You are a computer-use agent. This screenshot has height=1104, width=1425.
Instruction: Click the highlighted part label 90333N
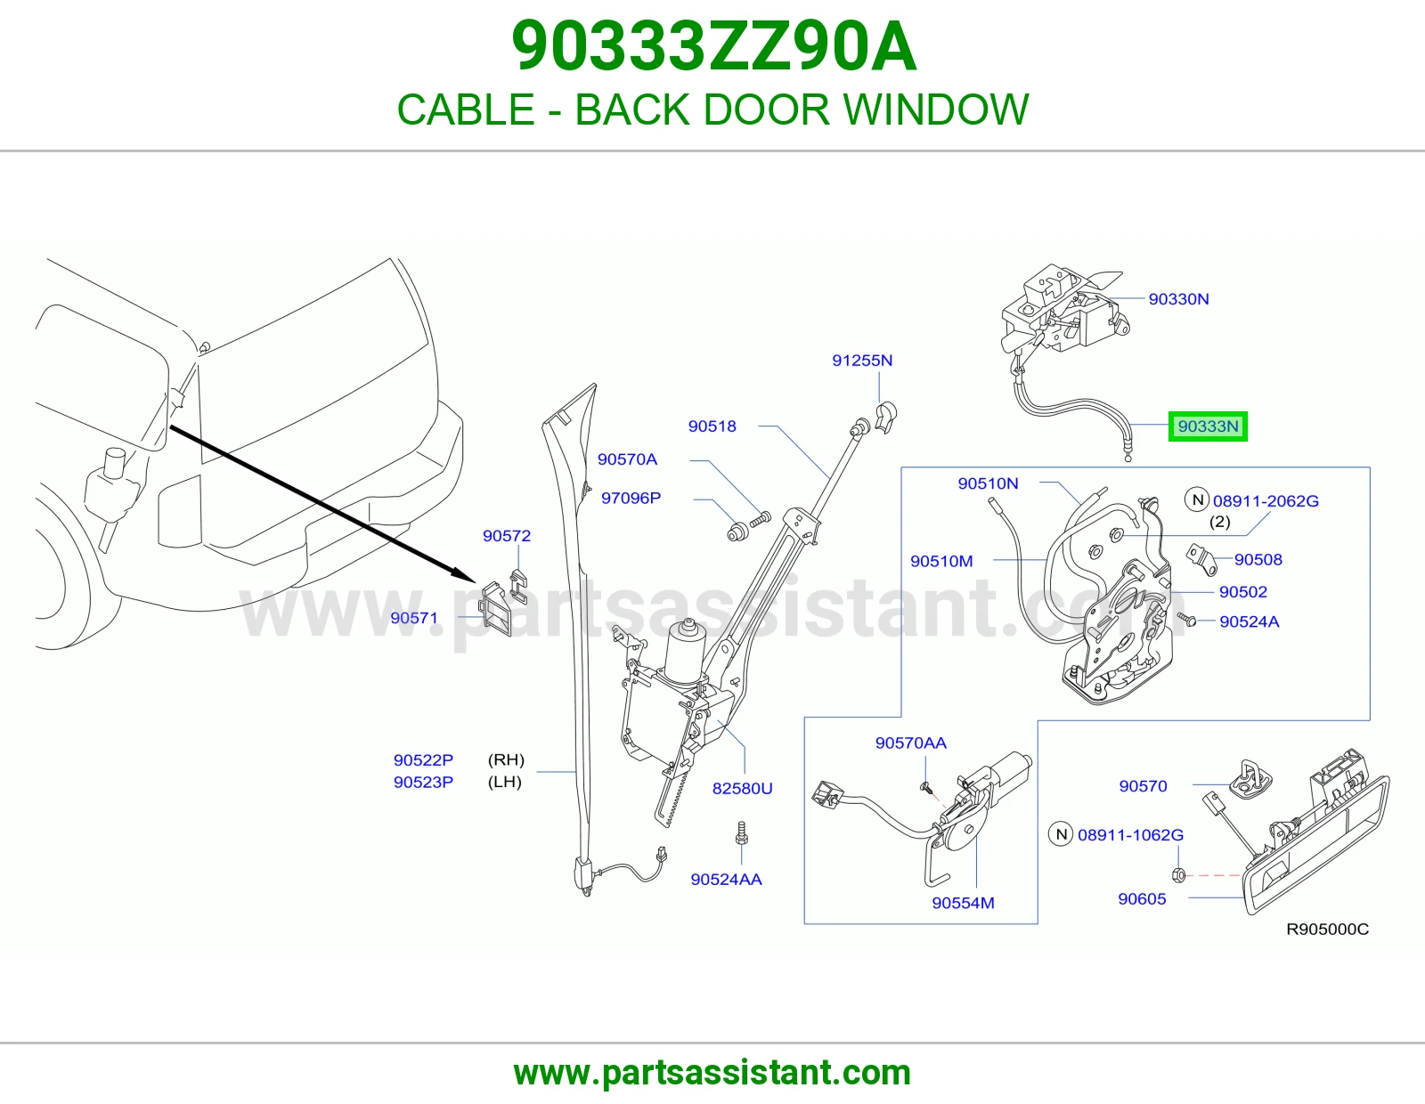(1208, 426)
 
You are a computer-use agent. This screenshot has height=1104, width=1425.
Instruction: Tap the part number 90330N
(1178, 299)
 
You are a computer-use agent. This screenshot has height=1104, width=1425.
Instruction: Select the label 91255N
(862, 360)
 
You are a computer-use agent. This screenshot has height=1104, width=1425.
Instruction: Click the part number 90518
(712, 426)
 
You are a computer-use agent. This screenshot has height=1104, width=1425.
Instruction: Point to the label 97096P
(631, 498)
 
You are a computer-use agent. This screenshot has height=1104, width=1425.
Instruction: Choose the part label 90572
(507, 536)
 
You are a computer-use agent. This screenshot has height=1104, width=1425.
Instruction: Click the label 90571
(414, 618)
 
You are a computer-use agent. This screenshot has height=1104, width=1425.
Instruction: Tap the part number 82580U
(743, 788)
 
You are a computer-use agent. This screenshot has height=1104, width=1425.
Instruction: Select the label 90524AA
(726, 879)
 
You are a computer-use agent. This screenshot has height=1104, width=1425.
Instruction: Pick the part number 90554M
(963, 903)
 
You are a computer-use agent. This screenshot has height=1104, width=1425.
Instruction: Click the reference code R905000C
(1327, 929)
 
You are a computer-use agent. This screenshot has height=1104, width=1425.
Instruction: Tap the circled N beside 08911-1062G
(1061, 834)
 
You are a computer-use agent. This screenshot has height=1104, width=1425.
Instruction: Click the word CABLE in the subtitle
(466, 110)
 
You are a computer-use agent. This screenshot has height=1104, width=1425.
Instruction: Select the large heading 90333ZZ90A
(713, 47)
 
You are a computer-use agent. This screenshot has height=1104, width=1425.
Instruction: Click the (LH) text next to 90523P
(504, 782)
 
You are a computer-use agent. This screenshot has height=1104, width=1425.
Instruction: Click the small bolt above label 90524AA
(743, 833)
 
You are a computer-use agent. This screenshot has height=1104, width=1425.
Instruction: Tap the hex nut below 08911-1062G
(1177, 874)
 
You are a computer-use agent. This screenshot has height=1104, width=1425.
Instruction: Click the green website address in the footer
(712, 1073)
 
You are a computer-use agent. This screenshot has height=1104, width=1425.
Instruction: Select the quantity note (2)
(1220, 522)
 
